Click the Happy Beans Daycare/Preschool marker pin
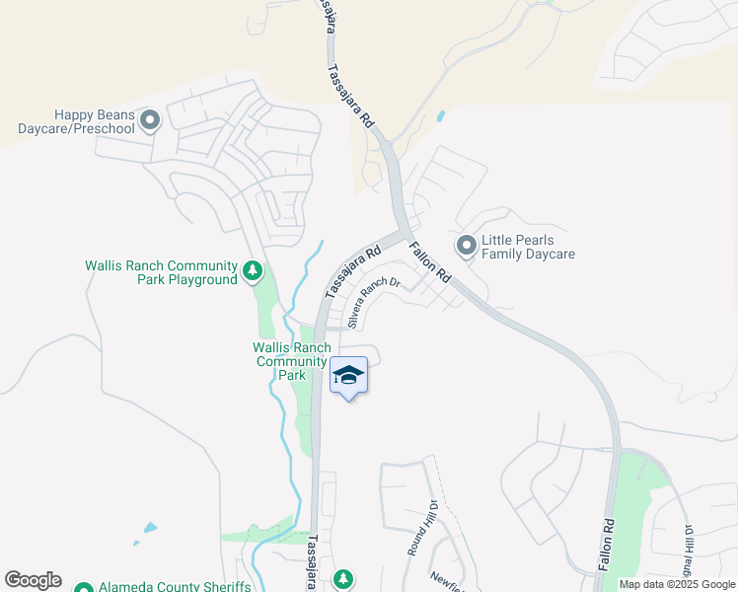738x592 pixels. click(150, 120)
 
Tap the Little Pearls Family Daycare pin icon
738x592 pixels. click(466, 244)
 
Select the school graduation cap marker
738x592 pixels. click(348, 376)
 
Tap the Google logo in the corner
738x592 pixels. click(34, 580)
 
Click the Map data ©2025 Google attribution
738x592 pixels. click(677, 584)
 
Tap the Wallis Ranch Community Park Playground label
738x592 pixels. click(162, 272)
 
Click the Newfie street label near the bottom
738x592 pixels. click(446, 581)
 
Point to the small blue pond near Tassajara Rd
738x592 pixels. click(439, 115)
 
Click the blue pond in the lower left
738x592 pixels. click(149, 527)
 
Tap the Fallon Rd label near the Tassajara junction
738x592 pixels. click(430, 263)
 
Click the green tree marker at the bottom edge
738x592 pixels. click(343, 579)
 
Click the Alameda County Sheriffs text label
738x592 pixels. click(175, 587)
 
